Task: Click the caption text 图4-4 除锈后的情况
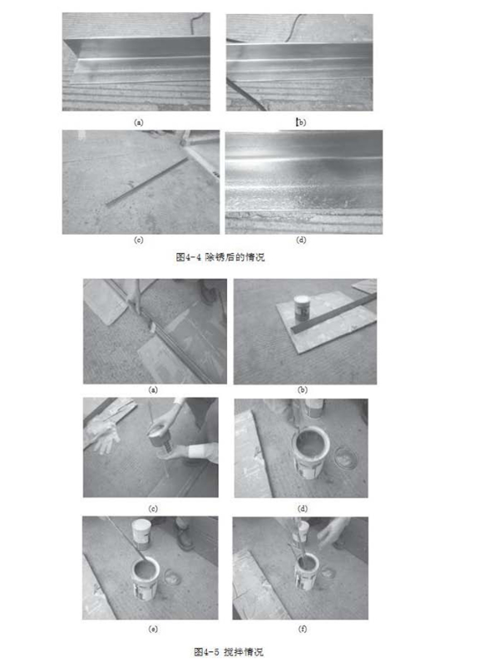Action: (x=220, y=257)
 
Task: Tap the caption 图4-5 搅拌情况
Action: (x=229, y=651)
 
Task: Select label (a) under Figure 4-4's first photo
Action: (x=138, y=122)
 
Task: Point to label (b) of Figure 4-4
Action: (x=301, y=122)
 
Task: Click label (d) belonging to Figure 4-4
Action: (x=301, y=240)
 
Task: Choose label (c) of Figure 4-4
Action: (x=138, y=240)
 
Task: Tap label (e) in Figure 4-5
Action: (x=153, y=629)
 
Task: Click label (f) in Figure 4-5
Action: (x=302, y=629)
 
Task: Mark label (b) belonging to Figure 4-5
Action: (x=302, y=390)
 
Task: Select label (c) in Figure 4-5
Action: (x=153, y=508)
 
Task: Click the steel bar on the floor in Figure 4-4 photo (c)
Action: (x=146, y=182)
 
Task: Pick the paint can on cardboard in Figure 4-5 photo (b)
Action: (x=302, y=308)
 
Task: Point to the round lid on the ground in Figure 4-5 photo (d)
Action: (x=344, y=457)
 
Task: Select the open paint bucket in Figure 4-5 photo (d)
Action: (x=311, y=453)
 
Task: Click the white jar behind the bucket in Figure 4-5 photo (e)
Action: (x=141, y=534)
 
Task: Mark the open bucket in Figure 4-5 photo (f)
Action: (x=306, y=571)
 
